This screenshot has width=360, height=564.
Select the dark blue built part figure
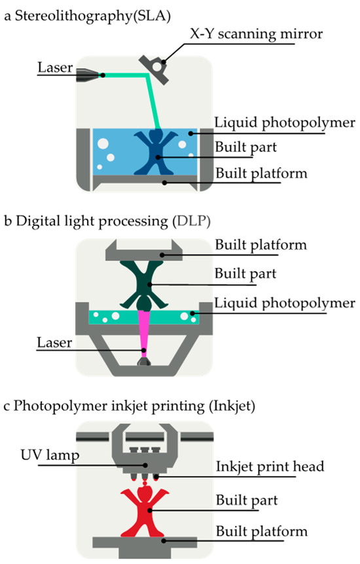(156, 152)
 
